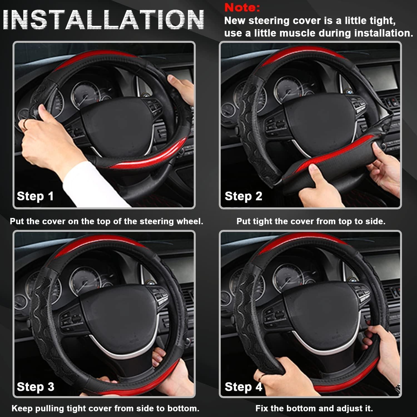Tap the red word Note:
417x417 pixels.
click(242, 8)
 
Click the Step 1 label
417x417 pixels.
click(35, 196)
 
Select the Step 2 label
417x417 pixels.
click(243, 196)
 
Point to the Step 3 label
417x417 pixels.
click(35, 387)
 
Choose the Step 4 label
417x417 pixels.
click(243, 387)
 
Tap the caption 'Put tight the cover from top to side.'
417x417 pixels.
click(311, 221)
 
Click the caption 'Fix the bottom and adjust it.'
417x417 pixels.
click(314, 408)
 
